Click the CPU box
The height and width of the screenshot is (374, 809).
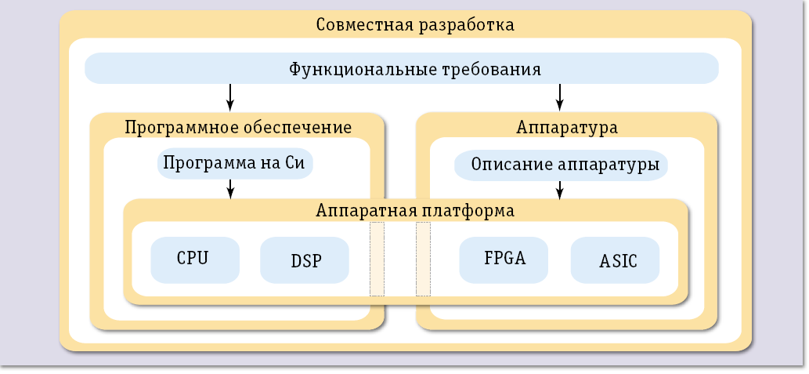click(x=195, y=260)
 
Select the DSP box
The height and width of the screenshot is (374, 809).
click(x=304, y=260)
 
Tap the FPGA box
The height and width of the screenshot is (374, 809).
click(x=504, y=260)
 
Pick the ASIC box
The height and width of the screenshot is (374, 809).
click(x=615, y=260)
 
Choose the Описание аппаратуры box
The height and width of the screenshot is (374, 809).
click(x=561, y=165)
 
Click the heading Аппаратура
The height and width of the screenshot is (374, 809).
click(x=567, y=127)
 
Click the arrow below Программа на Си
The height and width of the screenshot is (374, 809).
click(x=230, y=188)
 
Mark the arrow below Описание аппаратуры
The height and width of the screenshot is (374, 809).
click(x=560, y=188)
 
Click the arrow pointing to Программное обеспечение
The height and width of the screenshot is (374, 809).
click(x=230, y=96)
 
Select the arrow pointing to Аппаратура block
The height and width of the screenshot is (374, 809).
click(x=560, y=96)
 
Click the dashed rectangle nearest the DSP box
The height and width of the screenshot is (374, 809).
click(x=377, y=259)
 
